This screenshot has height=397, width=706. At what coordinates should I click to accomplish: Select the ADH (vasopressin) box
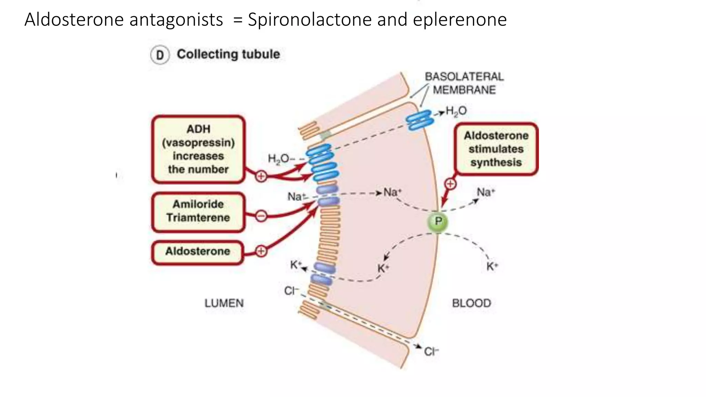tap(199, 149)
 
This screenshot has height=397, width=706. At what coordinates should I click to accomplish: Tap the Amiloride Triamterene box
tap(198, 211)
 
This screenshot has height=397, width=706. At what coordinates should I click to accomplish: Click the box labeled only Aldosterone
tap(198, 252)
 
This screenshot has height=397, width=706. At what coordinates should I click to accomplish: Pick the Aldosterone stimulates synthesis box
tap(496, 149)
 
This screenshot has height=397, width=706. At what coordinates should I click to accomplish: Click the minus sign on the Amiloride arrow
tap(261, 216)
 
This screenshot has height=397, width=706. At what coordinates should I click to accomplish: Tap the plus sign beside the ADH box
tap(261, 176)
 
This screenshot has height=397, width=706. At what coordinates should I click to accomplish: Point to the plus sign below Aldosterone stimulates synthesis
tap(450, 184)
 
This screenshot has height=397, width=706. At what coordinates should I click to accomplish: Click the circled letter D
tap(160, 55)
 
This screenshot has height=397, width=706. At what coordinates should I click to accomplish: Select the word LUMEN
tap(224, 303)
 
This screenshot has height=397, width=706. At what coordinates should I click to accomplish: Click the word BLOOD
tap(472, 303)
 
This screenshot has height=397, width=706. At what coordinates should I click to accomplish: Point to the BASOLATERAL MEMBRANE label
tap(464, 83)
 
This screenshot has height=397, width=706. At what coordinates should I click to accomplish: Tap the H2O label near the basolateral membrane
tap(456, 111)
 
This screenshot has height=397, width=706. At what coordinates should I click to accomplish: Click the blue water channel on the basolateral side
tap(419, 120)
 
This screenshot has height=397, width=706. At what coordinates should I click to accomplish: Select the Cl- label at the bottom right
tap(431, 352)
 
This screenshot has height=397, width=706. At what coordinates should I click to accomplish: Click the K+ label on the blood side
tap(492, 266)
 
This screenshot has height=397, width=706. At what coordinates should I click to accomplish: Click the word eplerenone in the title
tap(460, 20)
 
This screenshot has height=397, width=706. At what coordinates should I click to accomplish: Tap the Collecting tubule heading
tap(228, 54)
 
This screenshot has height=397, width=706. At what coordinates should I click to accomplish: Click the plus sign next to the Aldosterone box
tap(261, 251)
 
